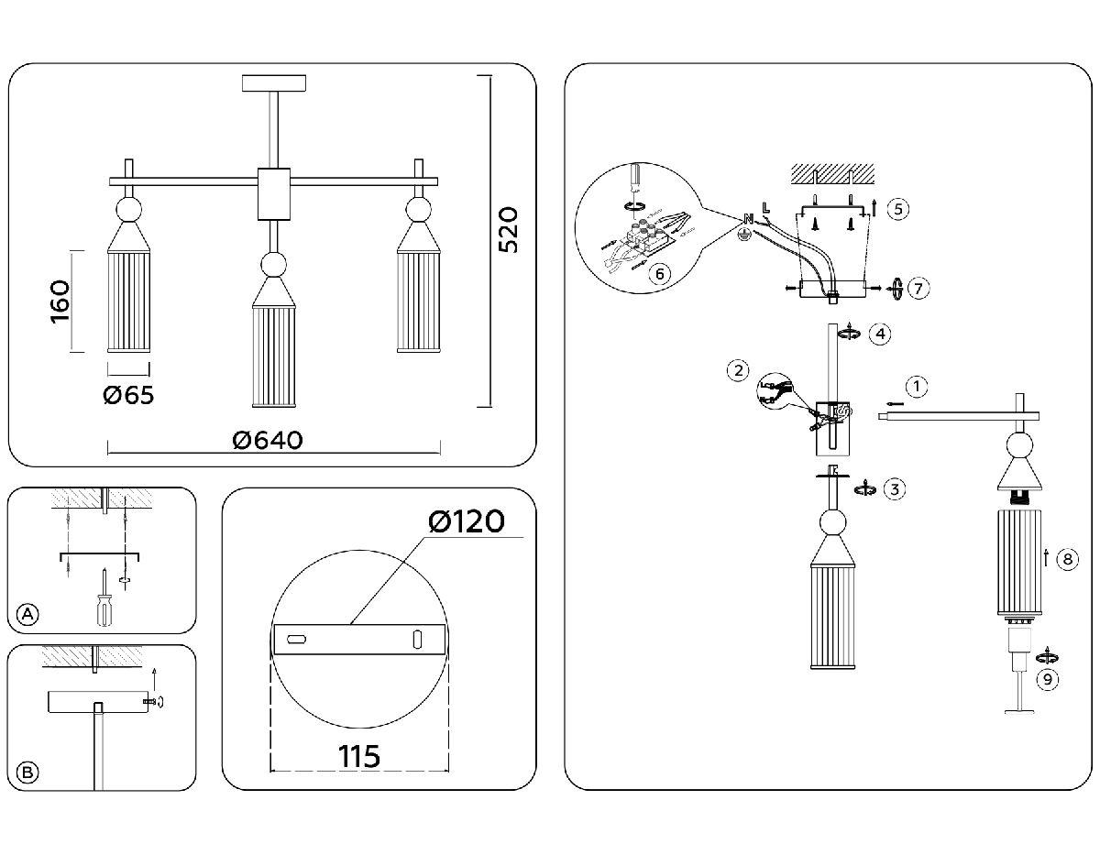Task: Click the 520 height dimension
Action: click(x=509, y=229)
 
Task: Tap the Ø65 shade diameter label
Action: click(x=128, y=395)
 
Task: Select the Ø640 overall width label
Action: click(x=269, y=440)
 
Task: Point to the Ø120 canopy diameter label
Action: click(x=466, y=521)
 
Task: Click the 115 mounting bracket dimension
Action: click(x=359, y=757)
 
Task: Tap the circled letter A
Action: click(x=28, y=614)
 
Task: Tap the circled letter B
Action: click(x=28, y=773)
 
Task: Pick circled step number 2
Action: click(x=737, y=371)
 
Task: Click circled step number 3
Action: click(x=896, y=488)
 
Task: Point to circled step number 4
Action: click(x=879, y=334)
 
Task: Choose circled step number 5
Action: click(x=897, y=209)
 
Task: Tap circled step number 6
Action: click(x=655, y=272)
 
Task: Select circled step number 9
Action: click(x=1045, y=679)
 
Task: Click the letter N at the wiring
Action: click(x=748, y=219)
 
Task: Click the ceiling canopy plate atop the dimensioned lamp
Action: click(x=274, y=83)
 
